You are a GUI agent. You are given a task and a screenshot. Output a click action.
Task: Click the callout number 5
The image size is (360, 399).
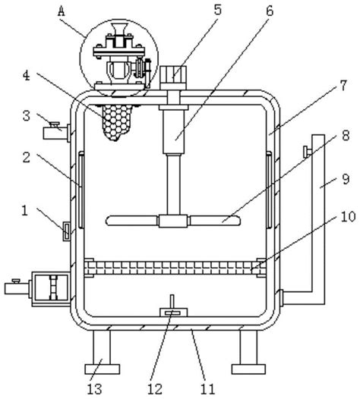pyautogui.click(x=217, y=10)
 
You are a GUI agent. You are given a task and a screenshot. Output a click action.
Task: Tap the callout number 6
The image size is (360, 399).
pyautogui.click(x=270, y=11)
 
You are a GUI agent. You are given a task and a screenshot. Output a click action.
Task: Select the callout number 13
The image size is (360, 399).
pyautogui.click(x=94, y=389)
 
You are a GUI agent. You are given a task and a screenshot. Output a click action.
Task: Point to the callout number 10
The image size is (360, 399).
pyautogui.click(x=348, y=217)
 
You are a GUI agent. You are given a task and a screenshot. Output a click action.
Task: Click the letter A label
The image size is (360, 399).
pyautogui.click(x=62, y=11)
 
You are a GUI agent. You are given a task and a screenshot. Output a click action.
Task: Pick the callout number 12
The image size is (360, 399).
pyautogui.click(x=155, y=389)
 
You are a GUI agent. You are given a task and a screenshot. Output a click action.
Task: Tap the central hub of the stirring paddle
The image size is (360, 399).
pyautogui.click(x=173, y=221)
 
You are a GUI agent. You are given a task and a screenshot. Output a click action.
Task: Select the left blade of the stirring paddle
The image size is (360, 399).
pyautogui.click(x=132, y=221)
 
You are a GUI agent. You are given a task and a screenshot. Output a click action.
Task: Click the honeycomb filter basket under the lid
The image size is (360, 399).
pyautogui.click(x=116, y=122)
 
